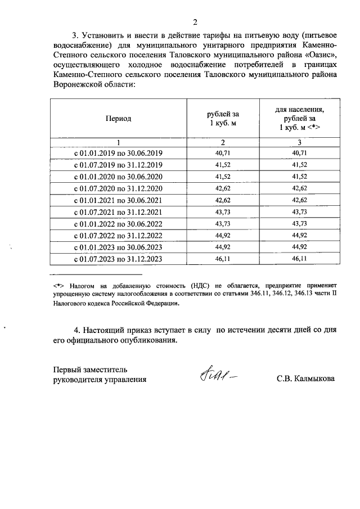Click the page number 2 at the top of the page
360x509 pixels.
tap(195, 22)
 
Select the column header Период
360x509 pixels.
tap(118, 119)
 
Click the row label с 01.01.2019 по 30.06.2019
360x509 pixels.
tap(118, 153)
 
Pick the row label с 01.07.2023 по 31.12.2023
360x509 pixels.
tap(118, 259)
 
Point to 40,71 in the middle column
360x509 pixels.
tap(223, 153)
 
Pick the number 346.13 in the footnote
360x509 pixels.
tap(304, 294)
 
